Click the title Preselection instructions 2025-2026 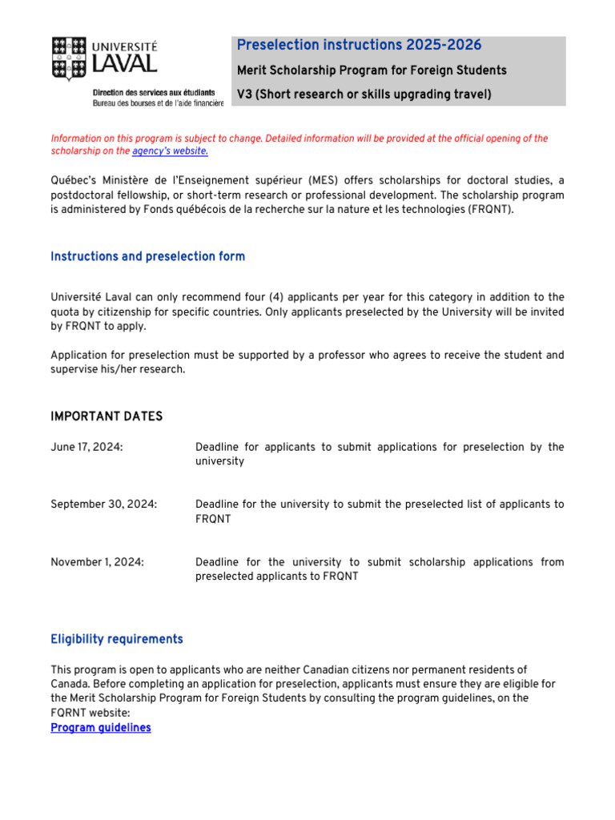[359, 45]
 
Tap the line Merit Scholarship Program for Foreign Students [372, 70]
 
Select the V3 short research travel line [364, 94]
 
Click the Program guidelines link [100, 728]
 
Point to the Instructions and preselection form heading [147, 256]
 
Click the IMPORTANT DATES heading [107, 416]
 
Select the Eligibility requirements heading [116, 639]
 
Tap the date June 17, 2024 [86, 447]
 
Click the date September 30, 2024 [103, 504]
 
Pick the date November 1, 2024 [97, 562]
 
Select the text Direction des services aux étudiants [154, 93]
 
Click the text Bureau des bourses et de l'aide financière [158, 104]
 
